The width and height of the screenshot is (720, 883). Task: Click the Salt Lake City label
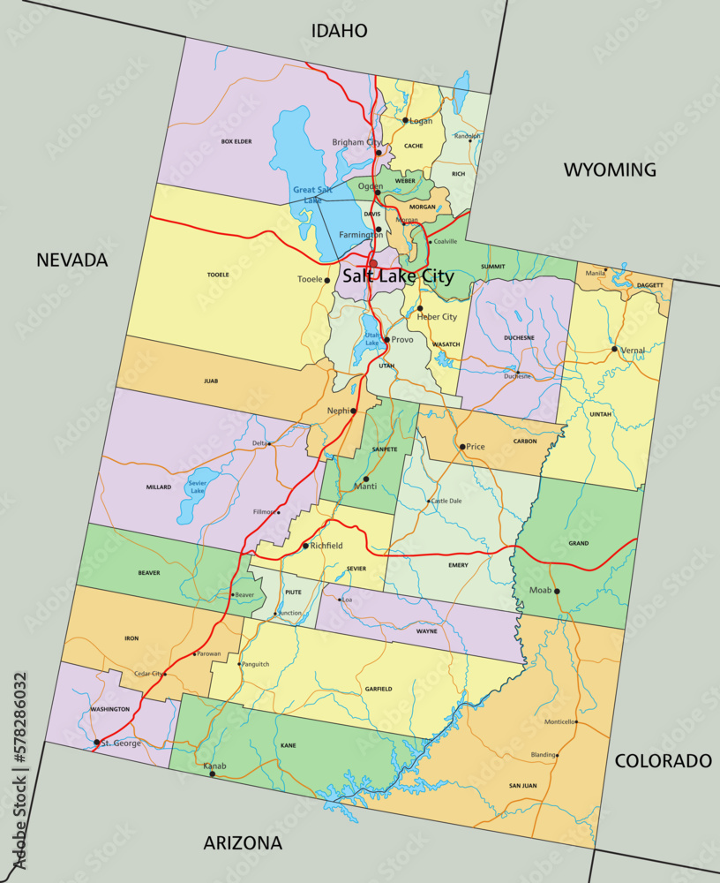point(398,276)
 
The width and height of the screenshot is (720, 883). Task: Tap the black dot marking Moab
point(557,591)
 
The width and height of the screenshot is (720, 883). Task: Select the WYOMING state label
point(610,170)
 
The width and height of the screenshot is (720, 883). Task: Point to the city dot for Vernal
point(614,349)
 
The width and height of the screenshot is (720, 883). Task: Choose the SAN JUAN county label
point(522,785)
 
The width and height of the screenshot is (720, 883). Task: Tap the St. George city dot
point(96,743)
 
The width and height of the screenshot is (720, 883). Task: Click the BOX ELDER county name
point(236,141)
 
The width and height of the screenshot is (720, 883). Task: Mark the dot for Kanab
point(212,774)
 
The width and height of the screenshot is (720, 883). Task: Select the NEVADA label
point(71,260)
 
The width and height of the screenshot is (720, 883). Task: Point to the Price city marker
point(461,447)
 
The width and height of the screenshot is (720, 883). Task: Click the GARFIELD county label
point(378,689)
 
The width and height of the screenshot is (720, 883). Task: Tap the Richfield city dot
point(305,546)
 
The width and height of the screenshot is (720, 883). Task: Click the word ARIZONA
point(243,842)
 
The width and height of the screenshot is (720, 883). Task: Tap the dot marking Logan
point(405,121)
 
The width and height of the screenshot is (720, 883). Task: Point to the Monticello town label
point(559,722)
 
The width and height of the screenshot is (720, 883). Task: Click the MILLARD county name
point(159,487)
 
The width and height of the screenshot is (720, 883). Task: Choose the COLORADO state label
point(663,760)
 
